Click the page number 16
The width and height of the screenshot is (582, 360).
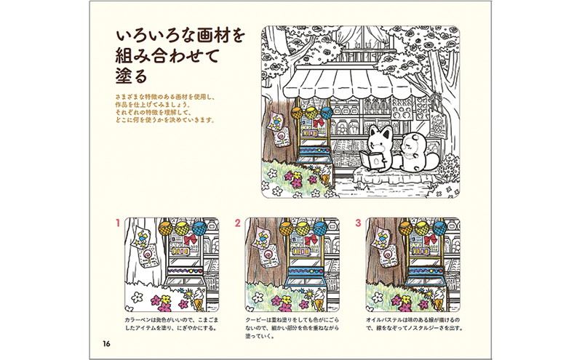click(x=106, y=344)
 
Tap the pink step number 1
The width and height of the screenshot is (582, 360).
click(x=118, y=223)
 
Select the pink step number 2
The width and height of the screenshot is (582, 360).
click(x=238, y=223)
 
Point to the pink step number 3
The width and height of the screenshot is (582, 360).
click(x=358, y=223)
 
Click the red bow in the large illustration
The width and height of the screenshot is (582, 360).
click(x=319, y=123)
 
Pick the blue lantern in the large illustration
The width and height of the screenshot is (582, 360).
click(x=327, y=112)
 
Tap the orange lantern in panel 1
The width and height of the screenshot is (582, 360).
click(x=165, y=228)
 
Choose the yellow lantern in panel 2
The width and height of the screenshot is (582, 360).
click(x=303, y=228)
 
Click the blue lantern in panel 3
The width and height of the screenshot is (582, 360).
click(x=440, y=228)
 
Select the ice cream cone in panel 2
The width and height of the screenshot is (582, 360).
click(x=319, y=298)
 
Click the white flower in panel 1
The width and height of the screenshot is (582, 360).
click(x=137, y=297)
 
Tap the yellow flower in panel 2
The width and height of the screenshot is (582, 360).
click(x=287, y=299)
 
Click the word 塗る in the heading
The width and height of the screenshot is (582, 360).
click(x=132, y=76)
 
